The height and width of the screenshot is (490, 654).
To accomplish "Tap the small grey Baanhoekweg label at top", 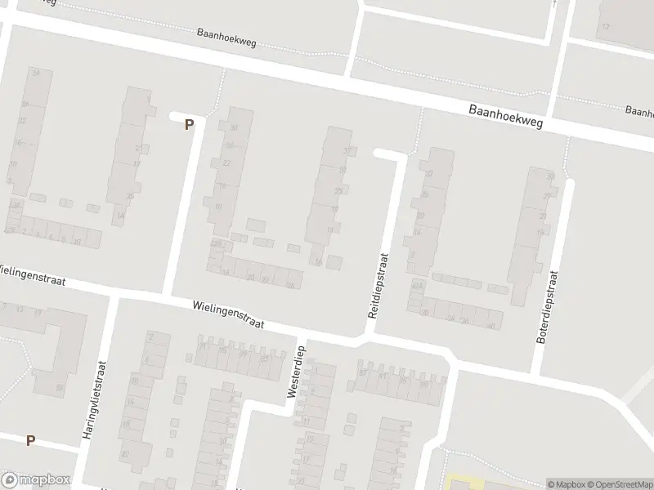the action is click(226, 38).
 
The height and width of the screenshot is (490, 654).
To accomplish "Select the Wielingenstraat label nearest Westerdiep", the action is click(229, 314).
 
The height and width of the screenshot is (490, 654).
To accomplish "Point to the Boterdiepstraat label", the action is click(552, 309).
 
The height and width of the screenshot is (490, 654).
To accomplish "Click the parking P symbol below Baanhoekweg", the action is click(189, 125).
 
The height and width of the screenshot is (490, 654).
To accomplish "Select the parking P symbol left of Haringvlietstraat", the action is click(30, 440).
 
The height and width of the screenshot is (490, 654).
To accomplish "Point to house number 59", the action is click(59, 387).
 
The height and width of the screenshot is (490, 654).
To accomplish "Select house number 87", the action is click(362, 374).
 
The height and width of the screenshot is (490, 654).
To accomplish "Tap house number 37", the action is click(346, 151).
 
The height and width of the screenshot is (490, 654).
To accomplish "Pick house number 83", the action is click(263, 358).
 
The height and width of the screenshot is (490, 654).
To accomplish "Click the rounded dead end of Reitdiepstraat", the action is click(378, 153).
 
